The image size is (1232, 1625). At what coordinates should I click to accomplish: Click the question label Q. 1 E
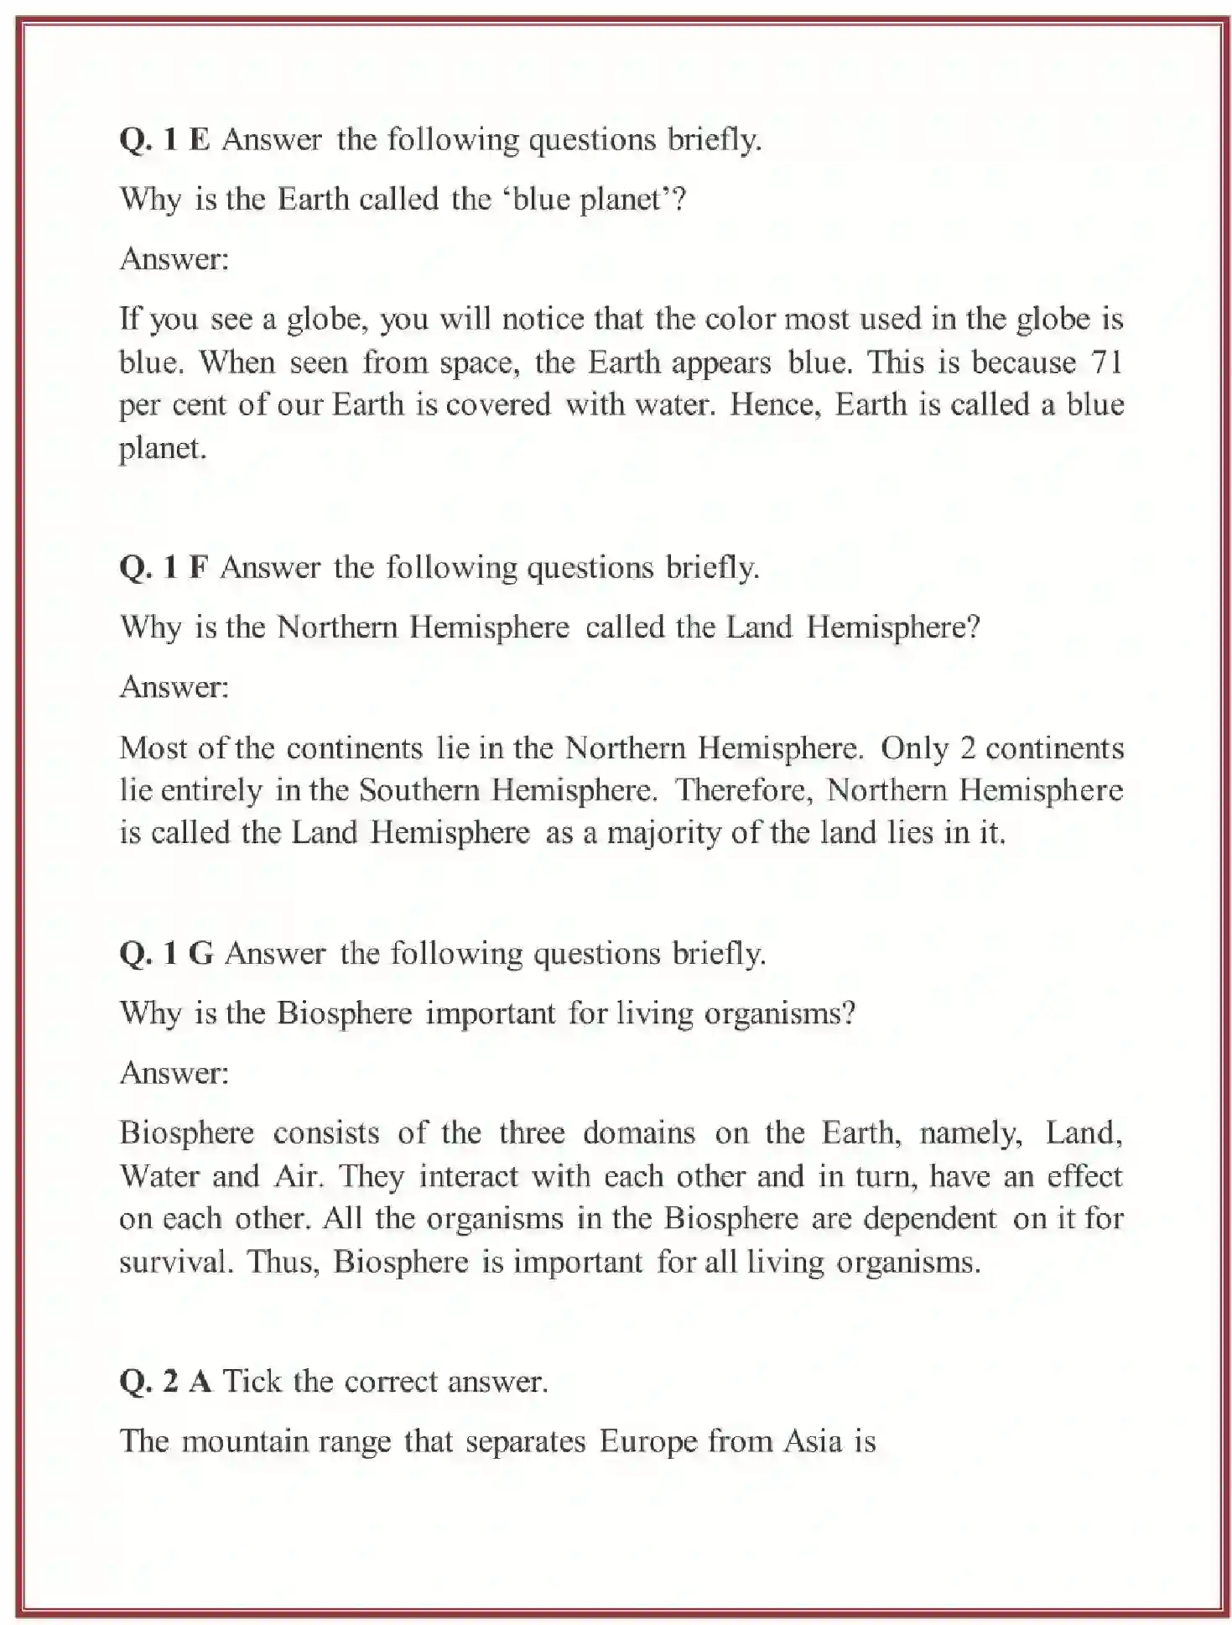pos(164,139)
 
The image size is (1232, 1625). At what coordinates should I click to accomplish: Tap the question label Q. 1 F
pos(164,568)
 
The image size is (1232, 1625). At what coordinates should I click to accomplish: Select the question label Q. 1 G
pos(166,954)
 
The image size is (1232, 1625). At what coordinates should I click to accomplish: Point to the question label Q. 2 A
pos(165,1382)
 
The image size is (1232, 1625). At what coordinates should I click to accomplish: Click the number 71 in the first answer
pos(1106,362)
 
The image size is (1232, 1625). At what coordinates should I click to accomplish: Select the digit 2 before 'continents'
pos(967,748)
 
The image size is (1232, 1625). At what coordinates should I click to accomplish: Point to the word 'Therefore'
pos(744,790)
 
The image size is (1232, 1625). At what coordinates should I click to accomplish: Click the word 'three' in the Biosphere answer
pos(532,1133)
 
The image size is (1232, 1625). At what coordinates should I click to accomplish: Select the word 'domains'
pos(639,1133)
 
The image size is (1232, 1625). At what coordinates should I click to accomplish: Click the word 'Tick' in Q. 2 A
pos(252,1382)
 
